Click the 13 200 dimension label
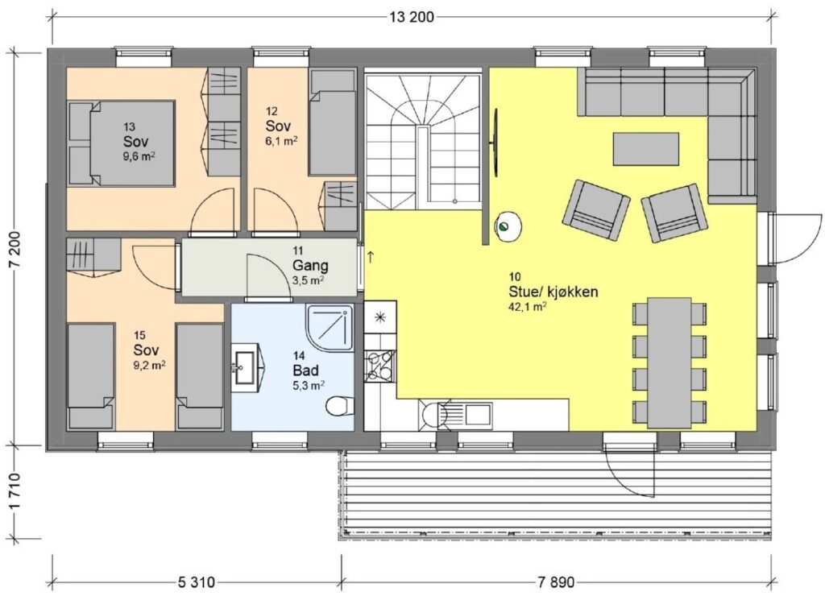tap(412, 18)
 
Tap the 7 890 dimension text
tap(556, 582)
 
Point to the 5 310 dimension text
tap(197, 582)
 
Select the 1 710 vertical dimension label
tap(15, 491)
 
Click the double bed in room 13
tap(122, 143)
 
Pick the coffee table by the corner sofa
tap(645, 149)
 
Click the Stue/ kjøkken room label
tap(553, 292)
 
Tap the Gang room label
tap(310, 265)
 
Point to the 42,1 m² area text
tap(527, 307)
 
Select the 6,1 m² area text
tap(278, 140)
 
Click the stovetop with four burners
tap(379, 364)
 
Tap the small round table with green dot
tap(508, 227)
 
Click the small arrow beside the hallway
tap(371, 257)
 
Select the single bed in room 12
tap(331, 122)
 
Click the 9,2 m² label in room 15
tap(149, 363)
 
